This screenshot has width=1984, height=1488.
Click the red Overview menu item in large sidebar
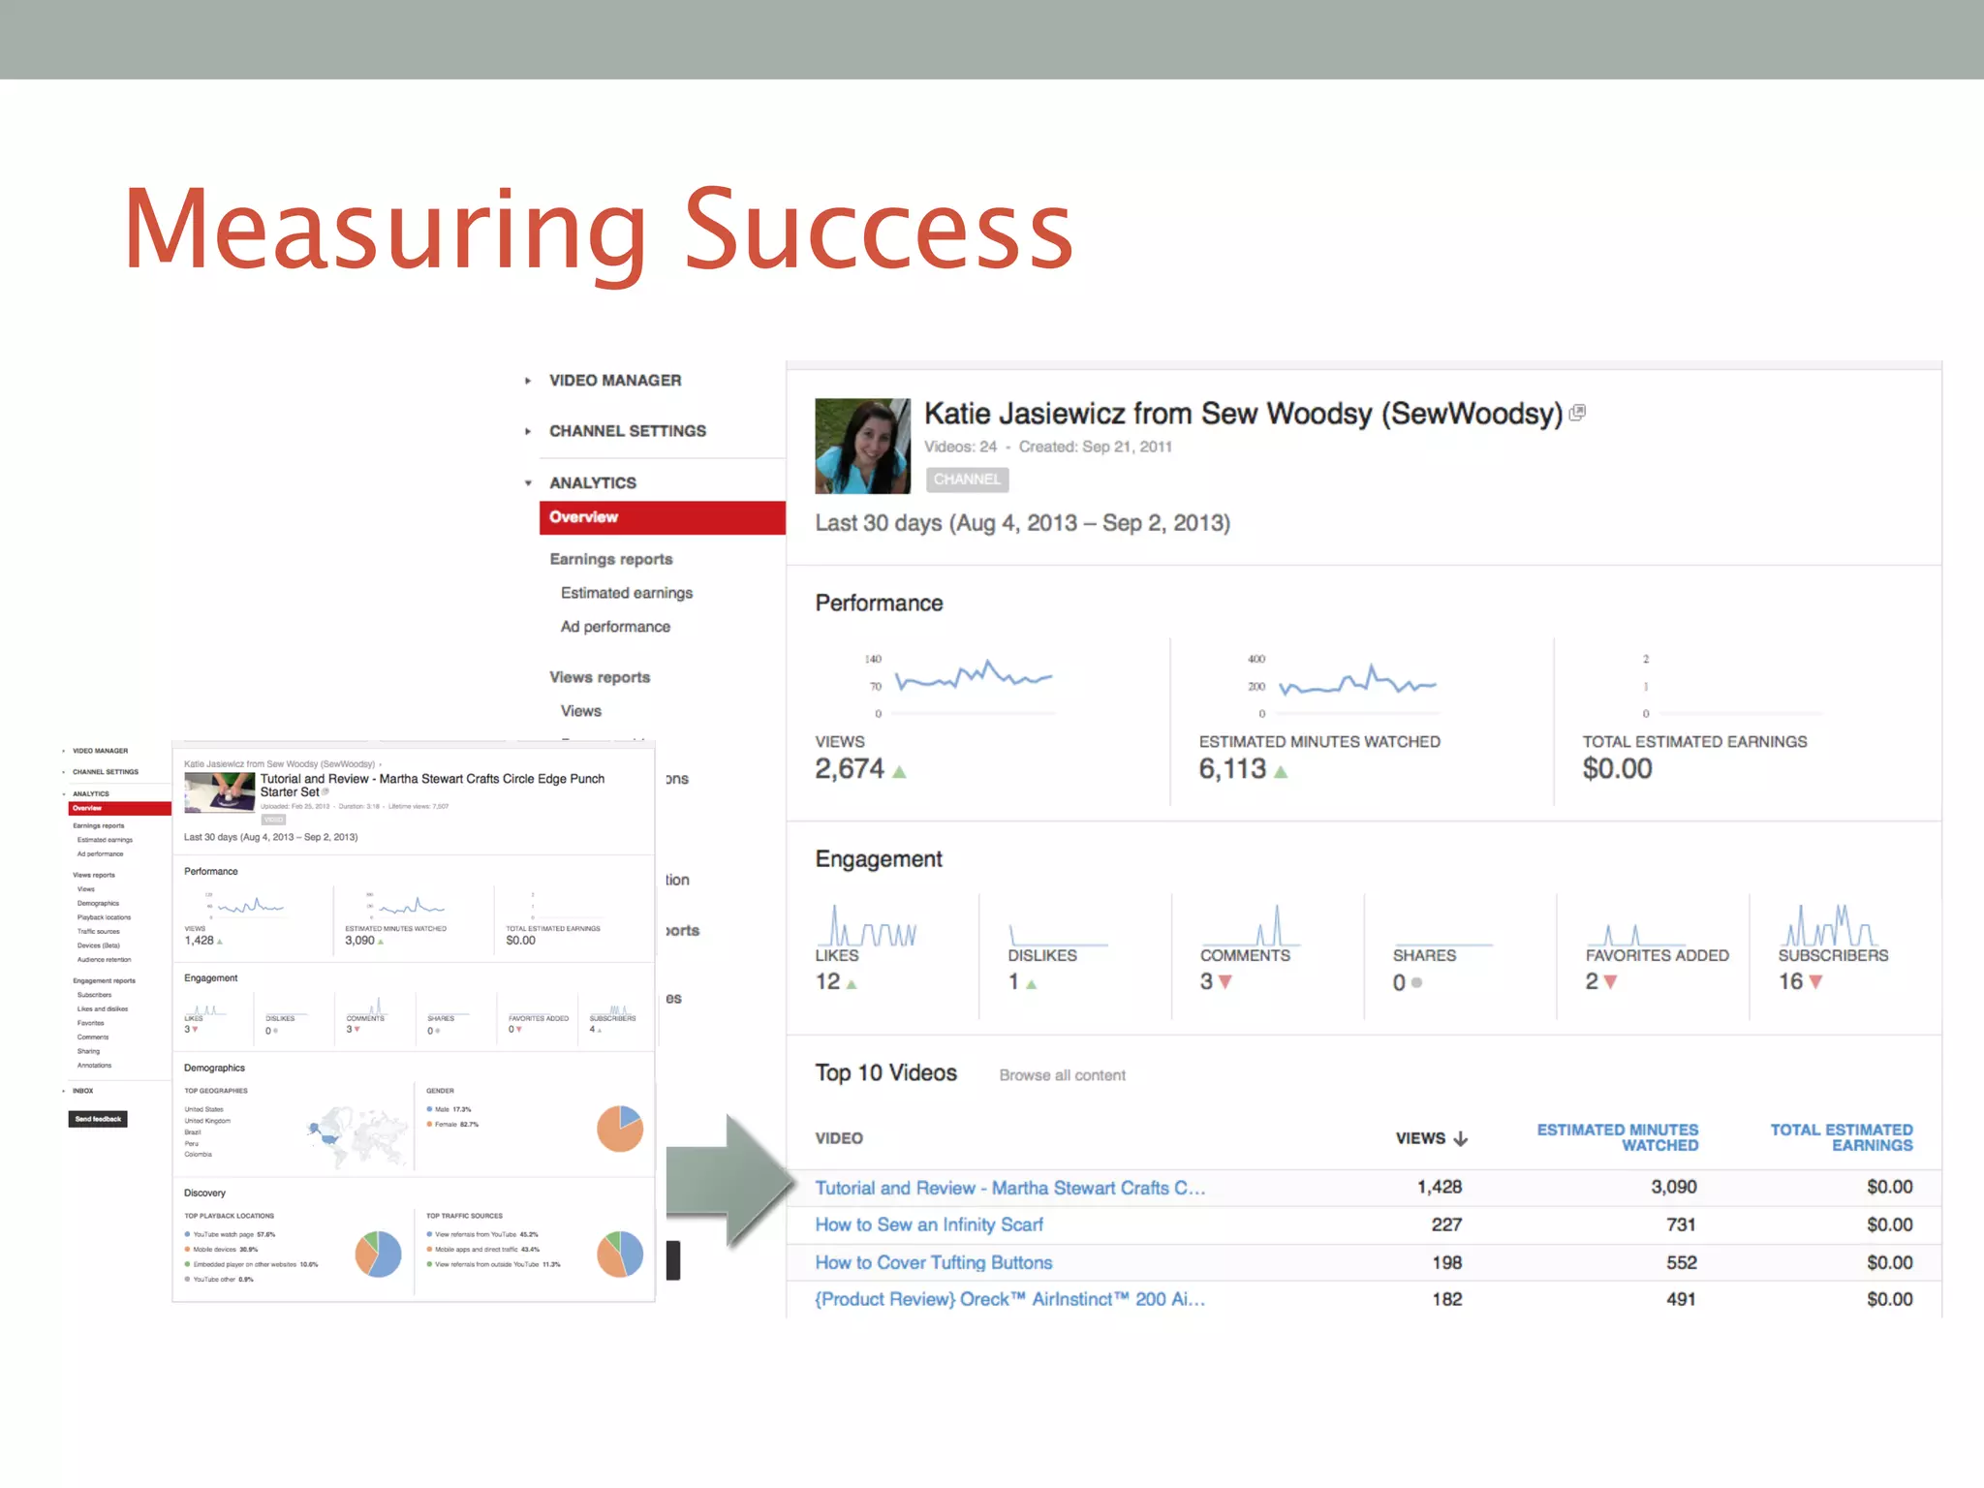click(662, 517)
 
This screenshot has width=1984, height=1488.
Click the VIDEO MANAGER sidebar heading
click(614, 381)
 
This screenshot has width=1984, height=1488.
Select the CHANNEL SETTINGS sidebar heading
click(627, 431)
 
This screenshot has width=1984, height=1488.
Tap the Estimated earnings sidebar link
click(626, 593)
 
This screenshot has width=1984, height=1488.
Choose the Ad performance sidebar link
click(615, 627)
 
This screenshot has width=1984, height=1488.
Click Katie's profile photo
click(862, 447)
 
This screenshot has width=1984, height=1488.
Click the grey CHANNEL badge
click(967, 480)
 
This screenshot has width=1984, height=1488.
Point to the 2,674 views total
click(850, 769)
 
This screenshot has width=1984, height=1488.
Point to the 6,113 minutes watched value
click(1232, 769)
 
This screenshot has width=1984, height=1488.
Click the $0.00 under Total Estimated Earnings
click(1617, 769)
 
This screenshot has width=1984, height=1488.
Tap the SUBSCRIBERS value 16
click(1790, 982)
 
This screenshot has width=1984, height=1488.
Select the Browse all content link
click(1062, 1075)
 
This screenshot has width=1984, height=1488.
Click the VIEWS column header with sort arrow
click(1431, 1138)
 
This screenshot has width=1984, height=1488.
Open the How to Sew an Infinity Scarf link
click(929, 1225)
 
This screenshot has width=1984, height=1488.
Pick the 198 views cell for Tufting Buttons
click(1446, 1263)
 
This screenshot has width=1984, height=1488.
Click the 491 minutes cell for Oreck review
click(1681, 1300)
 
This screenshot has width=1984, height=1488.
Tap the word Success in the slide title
click(879, 230)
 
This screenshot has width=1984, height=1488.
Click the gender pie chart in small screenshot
click(620, 1129)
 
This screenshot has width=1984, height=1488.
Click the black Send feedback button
click(98, 1119)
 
